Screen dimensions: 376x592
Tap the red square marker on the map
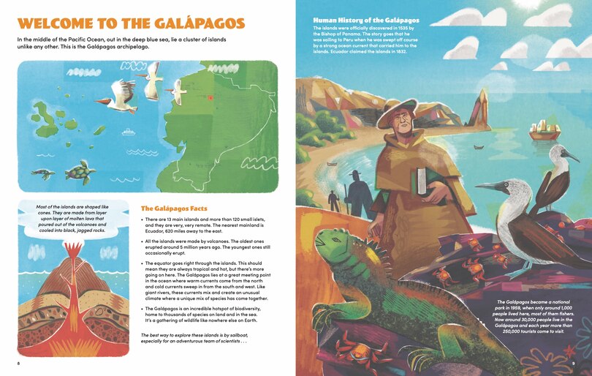[210, 97]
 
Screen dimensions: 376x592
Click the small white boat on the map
[129, 132]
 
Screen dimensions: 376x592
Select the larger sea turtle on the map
[80, 173]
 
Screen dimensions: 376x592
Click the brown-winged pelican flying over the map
[120, 96]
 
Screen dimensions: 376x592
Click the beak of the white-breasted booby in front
[486, 187]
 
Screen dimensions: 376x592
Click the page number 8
[18, 362]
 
